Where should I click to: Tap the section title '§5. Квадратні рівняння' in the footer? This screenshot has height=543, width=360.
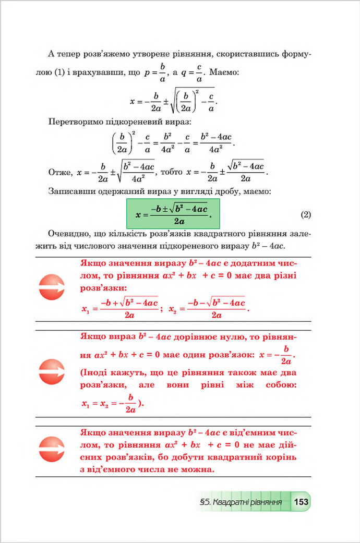241,503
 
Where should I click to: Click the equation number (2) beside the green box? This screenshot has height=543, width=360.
306,214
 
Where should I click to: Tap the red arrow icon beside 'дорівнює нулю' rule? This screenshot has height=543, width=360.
52,372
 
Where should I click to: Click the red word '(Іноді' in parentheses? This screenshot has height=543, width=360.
94,373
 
